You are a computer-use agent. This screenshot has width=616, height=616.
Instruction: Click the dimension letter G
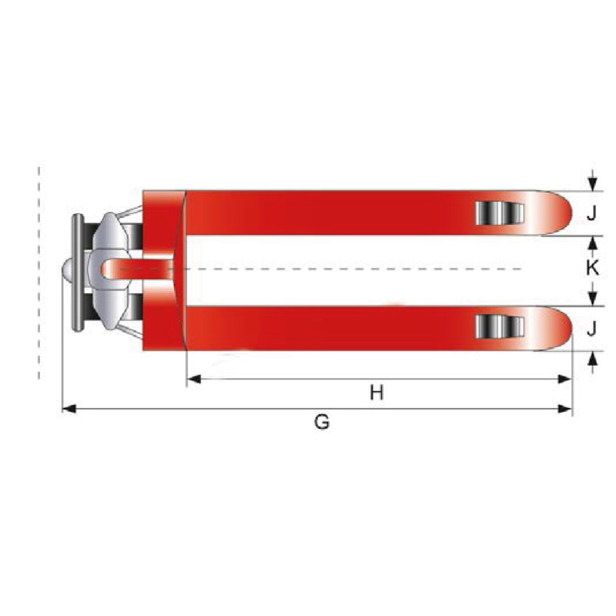(322, 422)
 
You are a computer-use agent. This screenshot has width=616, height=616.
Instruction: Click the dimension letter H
(377, 392)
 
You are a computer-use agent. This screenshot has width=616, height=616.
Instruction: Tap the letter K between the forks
(592, 268)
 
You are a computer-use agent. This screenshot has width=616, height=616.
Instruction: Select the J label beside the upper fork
(591, 213)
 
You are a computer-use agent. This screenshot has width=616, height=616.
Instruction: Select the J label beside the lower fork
(591, 329)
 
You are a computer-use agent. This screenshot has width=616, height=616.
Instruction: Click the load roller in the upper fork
(500, 213)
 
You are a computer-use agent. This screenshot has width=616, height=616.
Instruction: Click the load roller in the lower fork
(500, 326)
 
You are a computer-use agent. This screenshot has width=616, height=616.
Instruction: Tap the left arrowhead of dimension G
(69, 409)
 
